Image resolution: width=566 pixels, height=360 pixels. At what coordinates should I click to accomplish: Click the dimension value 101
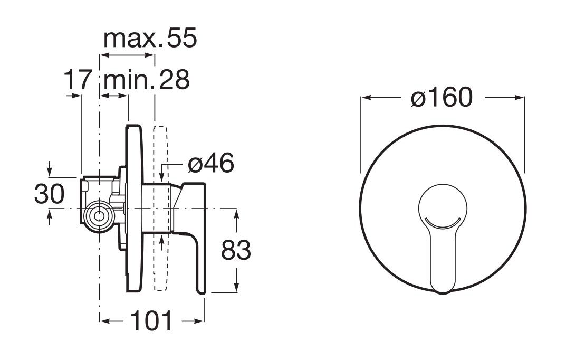pos(151,320)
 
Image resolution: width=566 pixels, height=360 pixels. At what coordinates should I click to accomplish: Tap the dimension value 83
pos(236,250)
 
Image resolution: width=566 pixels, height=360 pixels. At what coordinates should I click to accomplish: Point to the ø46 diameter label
pos(211,163)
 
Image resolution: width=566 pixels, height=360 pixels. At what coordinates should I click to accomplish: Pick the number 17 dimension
pos(76,80)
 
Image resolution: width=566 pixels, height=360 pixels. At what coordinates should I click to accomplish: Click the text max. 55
pos(150,38)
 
